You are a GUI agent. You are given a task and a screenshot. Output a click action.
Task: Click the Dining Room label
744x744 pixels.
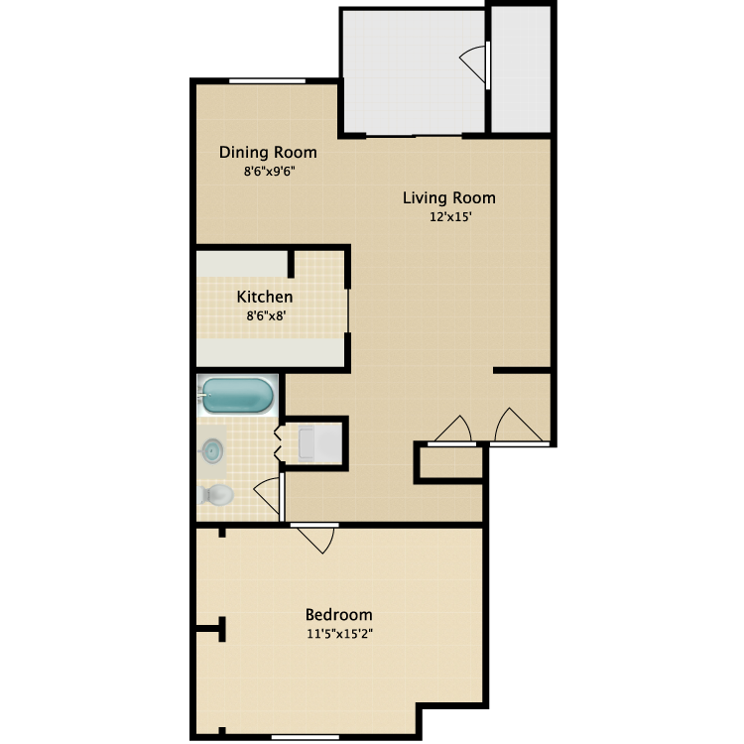click(x=268, y=153)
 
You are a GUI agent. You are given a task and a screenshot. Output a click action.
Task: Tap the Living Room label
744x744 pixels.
click(x=448, y=197)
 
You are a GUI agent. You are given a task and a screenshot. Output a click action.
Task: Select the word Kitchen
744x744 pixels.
click(x=264, y=297)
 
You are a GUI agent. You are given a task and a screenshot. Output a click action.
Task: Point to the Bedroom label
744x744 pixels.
click(x=338, y=614)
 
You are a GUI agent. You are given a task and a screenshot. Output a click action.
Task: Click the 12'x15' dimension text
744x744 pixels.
click(x=448, y=218)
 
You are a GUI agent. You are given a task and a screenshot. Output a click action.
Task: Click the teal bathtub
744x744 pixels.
click(x=237, y=396)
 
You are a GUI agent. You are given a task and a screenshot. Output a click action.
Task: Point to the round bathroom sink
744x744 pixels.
click(x=212, y=450)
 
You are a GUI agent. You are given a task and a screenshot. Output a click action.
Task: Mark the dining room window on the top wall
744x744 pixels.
click(x=267, y=81)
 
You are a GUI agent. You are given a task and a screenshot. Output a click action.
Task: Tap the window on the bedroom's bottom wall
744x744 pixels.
click(x=313, y=735)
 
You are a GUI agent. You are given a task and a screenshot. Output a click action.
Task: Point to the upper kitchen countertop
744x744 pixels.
click(x=242, y=264)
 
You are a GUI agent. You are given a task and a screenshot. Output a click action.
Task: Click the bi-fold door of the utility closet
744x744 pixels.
click(x=280, y=443)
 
